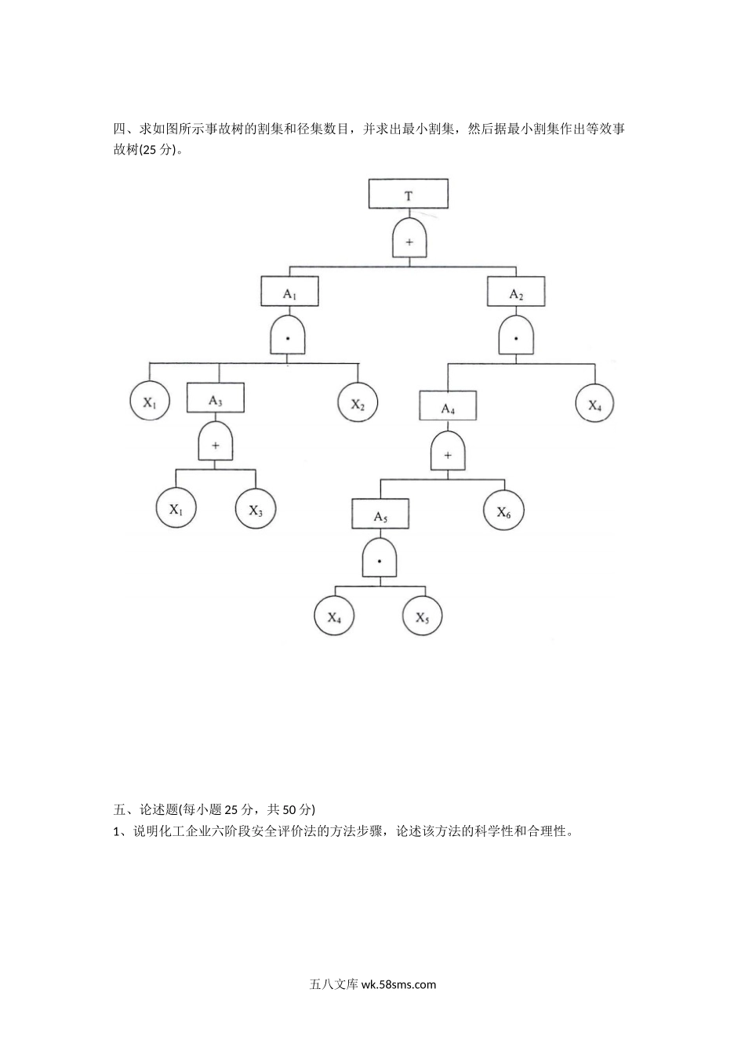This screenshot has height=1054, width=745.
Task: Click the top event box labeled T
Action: (409, 194)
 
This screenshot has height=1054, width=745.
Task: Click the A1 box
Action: (289, 293)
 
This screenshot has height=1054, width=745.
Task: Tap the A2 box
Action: (516, 293)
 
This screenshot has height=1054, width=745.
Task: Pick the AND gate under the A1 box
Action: (288, 338)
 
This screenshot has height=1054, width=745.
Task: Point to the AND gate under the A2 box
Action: (516, 338)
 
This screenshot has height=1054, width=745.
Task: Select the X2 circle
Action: (358, 404)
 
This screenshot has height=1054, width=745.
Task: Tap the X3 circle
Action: (256, 509)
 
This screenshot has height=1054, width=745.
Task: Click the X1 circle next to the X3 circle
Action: (176, 509)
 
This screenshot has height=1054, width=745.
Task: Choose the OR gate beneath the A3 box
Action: (216, 445)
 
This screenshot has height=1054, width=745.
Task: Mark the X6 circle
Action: (503, 511)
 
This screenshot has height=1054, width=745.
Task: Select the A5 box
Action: (380, 514)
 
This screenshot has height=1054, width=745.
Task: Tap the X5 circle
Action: (422, 617)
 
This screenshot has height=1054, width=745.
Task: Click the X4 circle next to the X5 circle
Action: (335, 617)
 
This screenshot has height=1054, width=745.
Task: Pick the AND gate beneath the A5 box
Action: (380, 560)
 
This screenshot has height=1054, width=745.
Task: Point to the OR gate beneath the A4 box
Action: (448, 454)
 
